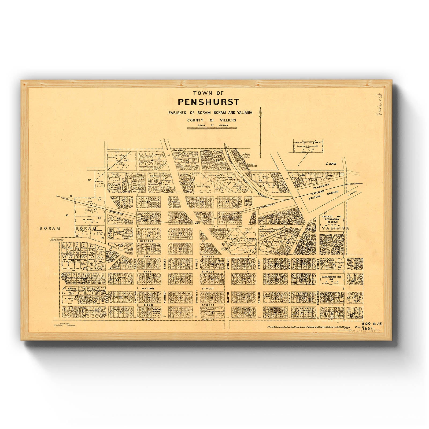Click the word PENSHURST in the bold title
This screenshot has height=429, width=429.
[205, 102]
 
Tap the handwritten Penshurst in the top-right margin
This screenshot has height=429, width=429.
[379, 105]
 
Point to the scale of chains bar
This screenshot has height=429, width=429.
[212, 128]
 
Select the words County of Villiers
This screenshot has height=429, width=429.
[212, 120]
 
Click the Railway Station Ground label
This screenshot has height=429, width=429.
[322, 196]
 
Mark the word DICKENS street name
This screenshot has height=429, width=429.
[146, 241]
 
